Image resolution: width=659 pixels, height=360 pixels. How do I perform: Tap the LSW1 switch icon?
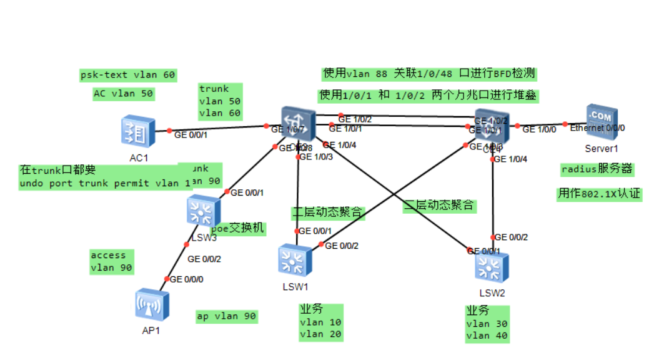click(x=295, y=262)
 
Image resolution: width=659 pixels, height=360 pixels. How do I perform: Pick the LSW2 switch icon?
click(x=492, y=267)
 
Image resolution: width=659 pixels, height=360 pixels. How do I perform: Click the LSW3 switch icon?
click(x=204, y=212)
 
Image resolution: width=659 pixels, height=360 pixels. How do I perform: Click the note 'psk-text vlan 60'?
click(x=128, y=75)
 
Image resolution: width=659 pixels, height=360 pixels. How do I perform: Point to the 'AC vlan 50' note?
click(x=123, y=94)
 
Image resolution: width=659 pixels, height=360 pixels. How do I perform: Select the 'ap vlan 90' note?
click(x=226, y=316)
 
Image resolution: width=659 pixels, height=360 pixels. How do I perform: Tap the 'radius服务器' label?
click(x=597, y=169)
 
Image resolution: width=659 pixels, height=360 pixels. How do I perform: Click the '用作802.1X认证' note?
click(x=599, y=194)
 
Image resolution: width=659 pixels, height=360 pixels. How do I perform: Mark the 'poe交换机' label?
click(x=238, y=228)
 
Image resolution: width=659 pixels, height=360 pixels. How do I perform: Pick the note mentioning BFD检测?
click(x=429, y=74)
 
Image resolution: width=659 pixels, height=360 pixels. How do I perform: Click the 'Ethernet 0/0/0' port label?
click(x=597, y=127)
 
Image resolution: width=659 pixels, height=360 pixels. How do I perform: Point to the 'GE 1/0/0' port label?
click(x=539, y=129)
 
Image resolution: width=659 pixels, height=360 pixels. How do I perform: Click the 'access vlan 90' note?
click(x=111, y=261)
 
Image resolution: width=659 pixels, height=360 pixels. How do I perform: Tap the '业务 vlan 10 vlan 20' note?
click(x=320, y=322)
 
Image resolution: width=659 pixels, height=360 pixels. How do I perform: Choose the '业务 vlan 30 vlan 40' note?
click(x=487, y=323)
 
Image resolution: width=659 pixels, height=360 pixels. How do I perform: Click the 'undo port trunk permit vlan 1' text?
click(x=105, y=183)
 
